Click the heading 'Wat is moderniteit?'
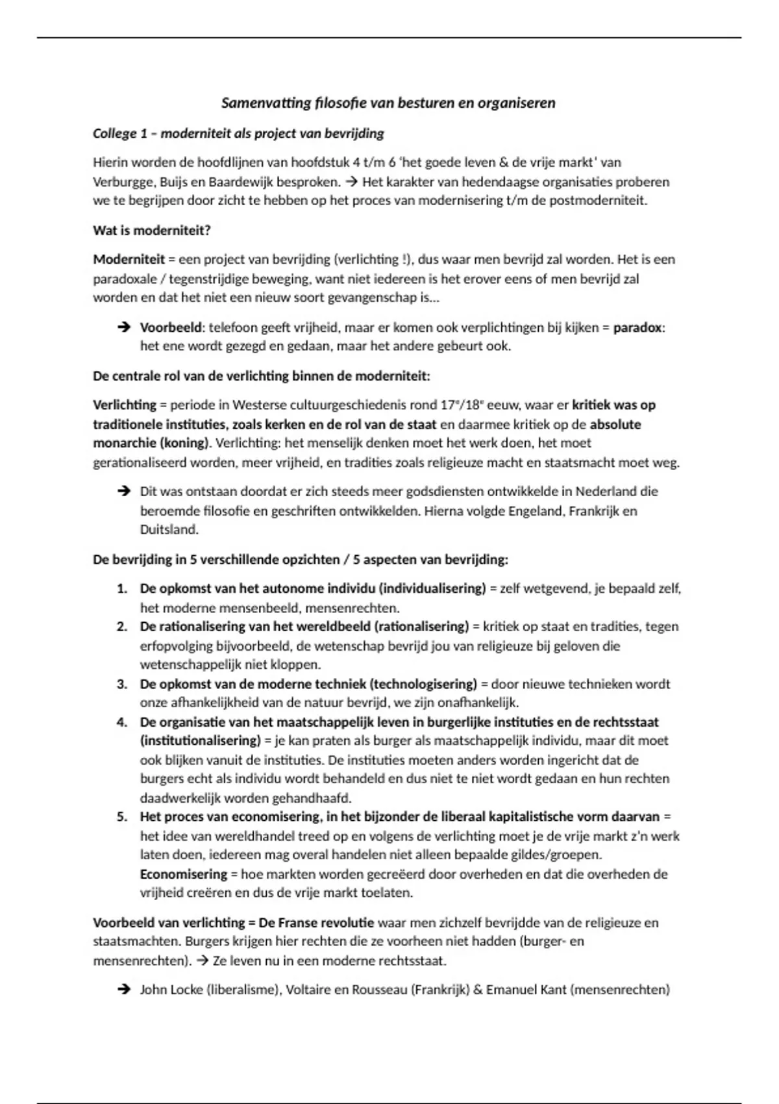coord(152,230)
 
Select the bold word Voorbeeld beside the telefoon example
coord(171,327)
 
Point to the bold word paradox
coord(637,327)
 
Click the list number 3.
coord(122,684)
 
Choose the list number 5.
coord(122,816)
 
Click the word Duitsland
coord(169,529)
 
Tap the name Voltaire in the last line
coord(308,990)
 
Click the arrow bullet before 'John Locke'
coord(123,990)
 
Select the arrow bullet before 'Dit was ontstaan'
coord(123,492)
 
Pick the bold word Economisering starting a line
coord(184,874)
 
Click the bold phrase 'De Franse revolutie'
coord(316,922)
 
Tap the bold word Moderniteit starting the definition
coord(129,259)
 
